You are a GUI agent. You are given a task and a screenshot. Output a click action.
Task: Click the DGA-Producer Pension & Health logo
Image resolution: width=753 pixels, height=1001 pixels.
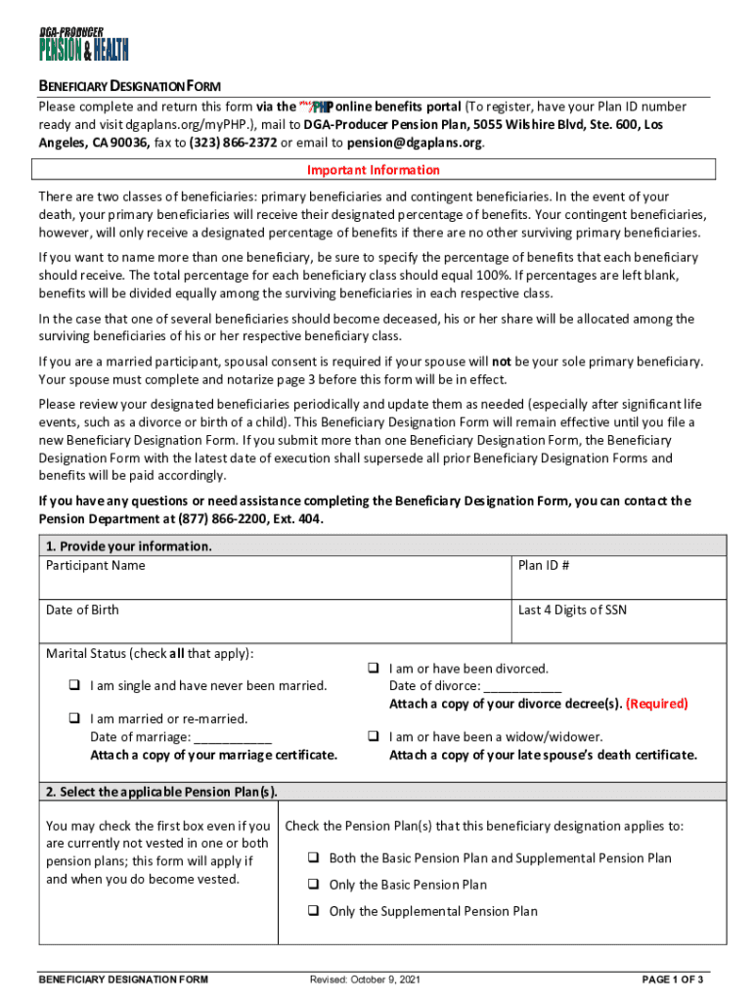(x=83, y=41)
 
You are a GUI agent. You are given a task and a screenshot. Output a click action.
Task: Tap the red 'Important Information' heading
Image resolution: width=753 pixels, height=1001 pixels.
(x=374, y=170)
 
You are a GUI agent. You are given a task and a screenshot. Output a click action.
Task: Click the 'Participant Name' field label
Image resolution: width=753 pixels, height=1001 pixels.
(x=95, y=566)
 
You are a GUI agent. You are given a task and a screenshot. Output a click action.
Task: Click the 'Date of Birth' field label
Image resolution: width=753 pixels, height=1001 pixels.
(x=82, y=610)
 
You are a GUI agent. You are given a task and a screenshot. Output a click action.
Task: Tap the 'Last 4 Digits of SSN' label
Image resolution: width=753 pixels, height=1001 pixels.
(x=572, y=610)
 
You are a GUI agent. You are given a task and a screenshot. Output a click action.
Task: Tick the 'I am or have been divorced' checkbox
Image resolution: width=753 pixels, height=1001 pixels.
(x=373, y=669)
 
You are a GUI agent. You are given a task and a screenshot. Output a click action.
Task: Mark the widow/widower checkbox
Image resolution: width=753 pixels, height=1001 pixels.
(x=373, y=736)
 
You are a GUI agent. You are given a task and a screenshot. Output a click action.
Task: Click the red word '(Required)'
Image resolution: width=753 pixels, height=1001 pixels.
(x=656, y=704)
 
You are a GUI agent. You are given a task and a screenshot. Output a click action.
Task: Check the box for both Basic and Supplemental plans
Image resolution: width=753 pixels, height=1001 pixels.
(x=314, y=858)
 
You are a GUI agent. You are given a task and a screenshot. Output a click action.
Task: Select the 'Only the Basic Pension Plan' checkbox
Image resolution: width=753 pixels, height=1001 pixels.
(x=314, y=885)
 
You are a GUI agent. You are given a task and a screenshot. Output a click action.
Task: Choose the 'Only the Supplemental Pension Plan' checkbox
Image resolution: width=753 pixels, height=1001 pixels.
(x=314, y=911)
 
